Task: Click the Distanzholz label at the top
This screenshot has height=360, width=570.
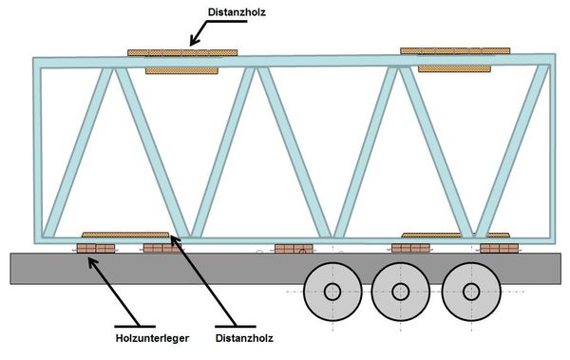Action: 237,12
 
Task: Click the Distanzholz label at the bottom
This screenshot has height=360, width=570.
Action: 244,338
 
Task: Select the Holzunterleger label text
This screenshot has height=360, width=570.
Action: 152,338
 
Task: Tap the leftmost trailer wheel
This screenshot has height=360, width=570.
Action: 332,292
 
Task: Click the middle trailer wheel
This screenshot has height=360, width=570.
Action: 401,292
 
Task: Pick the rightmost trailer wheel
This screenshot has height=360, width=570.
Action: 471,292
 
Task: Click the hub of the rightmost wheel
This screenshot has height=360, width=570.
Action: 471,292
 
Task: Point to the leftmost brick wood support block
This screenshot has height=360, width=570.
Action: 96,248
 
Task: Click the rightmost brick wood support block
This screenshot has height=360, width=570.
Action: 499,248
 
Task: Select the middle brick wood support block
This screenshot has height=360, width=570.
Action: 294,249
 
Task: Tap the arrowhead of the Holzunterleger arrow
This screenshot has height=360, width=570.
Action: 93,262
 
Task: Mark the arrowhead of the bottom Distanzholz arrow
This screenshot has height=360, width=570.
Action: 175,240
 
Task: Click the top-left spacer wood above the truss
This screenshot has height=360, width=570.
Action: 182,53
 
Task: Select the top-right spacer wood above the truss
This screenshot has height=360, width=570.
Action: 455,51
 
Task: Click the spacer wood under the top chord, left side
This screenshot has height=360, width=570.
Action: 181,71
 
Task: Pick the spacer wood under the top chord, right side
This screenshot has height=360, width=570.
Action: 454,68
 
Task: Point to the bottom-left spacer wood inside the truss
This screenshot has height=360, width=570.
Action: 125,235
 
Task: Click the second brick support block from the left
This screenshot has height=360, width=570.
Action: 162,248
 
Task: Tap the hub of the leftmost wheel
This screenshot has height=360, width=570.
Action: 332,292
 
